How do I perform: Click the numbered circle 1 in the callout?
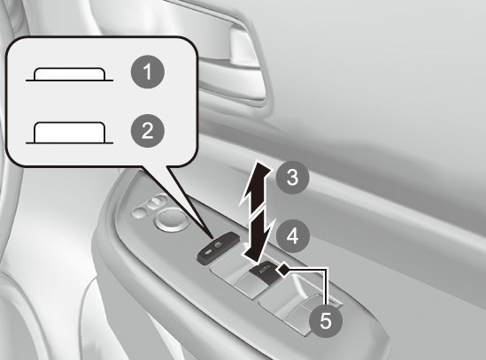[x=148, y=72]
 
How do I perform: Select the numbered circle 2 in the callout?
[x=148, y=130]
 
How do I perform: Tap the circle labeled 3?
[x=292, y=178]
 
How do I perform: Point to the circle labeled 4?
[x=292, y=236]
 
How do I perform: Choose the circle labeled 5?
[x=326, y=320]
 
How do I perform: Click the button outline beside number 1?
[x=69, y=74]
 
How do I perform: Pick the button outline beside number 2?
[x=69, y=133]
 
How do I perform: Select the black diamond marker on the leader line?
[x=282, y=270]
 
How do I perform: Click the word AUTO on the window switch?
[x=264, y=269]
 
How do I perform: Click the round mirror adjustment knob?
[x=169, y=219]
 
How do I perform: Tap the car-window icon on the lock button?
[x=220, y=246]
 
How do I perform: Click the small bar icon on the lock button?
[x=208, y=252]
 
